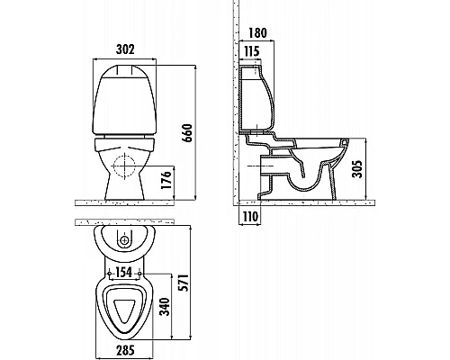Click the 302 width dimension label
click(x=125, y=50)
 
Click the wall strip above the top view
click(x=126, y=222)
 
